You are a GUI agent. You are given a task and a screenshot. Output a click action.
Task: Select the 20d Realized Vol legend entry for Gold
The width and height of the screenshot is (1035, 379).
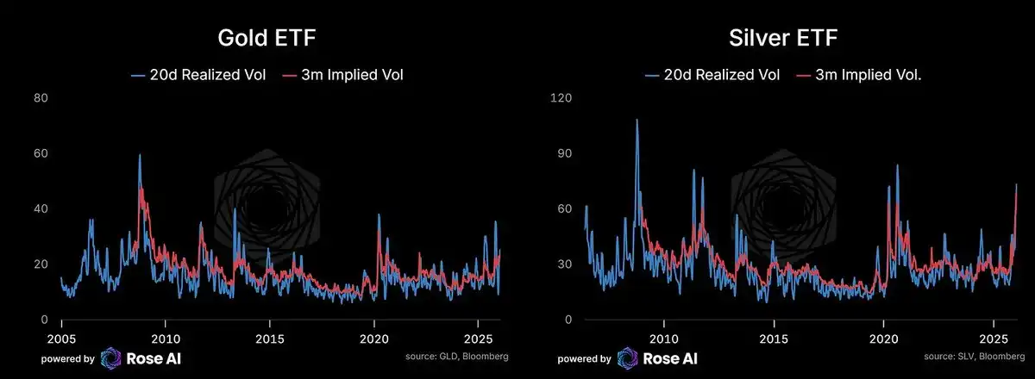(198, 75)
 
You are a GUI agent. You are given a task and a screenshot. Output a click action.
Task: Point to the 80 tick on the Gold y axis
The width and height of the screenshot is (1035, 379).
(41, 98)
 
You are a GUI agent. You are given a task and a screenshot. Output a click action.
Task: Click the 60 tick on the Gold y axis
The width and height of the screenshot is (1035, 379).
(41, 153)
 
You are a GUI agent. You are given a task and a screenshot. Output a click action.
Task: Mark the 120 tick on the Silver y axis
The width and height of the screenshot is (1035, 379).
(561, 98)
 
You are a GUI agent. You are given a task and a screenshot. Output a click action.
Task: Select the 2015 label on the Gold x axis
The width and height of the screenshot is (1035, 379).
(270, 337)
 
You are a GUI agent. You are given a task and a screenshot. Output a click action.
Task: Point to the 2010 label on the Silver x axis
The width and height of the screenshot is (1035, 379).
(663, 337)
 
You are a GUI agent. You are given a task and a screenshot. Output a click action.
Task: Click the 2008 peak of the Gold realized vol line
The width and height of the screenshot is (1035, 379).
(139, 156)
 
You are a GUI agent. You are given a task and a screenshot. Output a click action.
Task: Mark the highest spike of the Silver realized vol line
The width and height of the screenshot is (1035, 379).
(637, 121)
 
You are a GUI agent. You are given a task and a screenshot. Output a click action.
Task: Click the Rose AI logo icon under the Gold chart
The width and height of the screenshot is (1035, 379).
(112, 357)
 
